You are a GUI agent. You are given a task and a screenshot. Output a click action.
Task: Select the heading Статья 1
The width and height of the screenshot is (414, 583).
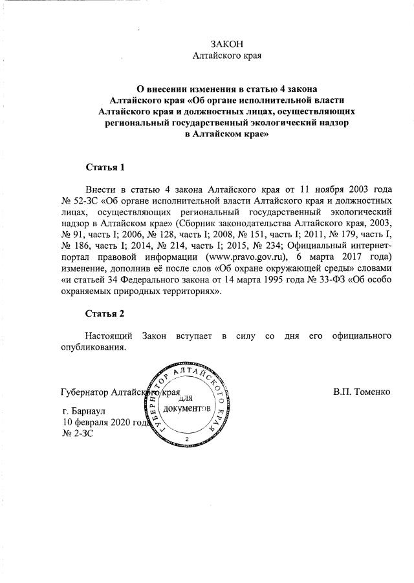tap(105, 167)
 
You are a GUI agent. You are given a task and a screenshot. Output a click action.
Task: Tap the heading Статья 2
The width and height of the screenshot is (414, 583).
tap(105, 314)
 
